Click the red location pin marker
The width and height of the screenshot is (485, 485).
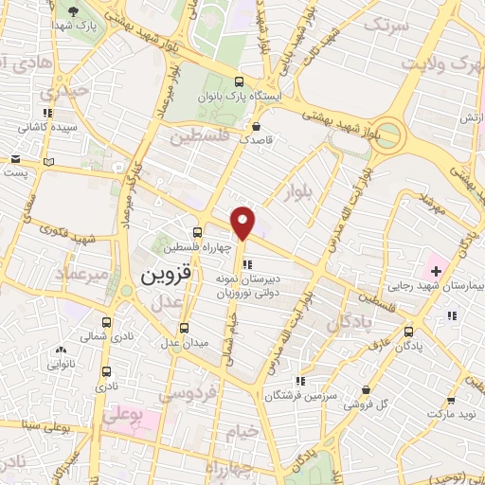click(244, 223)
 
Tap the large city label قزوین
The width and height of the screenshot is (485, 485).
click(166, 276)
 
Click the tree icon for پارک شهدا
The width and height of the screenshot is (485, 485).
click(73, 11)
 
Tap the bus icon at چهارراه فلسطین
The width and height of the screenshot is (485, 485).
click(197, 232)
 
